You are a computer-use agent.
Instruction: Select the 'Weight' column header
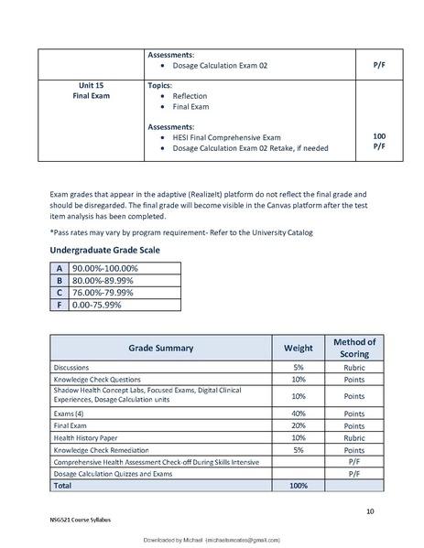pos(298,348)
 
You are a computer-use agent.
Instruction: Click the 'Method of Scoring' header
pos(353,348)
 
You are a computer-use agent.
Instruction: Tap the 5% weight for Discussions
pos(298,366)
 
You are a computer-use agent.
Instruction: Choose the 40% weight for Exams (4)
pos(298,414)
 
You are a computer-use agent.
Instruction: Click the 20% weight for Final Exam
pos(298,425)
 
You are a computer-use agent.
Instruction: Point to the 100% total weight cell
pos(298,487)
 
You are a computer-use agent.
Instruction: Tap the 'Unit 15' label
pos(91,84)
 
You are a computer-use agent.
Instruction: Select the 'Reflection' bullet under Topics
pos(190,96)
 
